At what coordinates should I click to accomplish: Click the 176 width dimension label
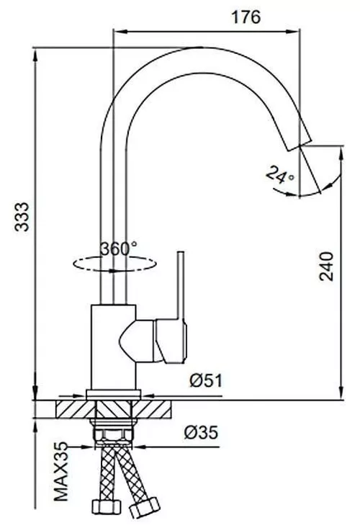246,18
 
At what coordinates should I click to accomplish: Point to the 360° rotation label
119,249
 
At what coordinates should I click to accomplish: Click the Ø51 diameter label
203,380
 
